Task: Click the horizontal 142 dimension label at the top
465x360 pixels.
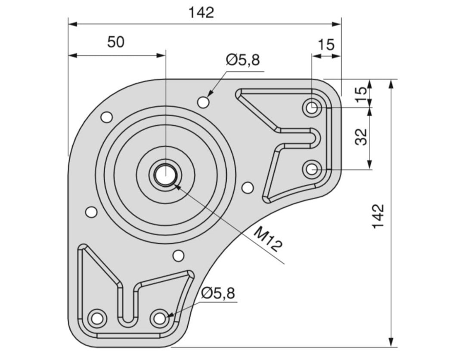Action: pos(201,12)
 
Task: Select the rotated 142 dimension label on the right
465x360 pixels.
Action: pos(378,216)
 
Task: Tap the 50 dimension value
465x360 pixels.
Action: pos(116,43)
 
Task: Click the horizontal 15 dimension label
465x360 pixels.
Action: pos(326,44)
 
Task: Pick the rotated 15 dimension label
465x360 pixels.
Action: pos(363,91)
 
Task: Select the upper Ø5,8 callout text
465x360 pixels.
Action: pos(243,60)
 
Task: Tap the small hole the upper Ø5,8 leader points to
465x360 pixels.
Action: pos(204,102)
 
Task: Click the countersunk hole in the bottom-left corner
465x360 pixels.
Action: pos(96,318)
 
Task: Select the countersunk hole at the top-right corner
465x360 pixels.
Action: pos(311,107)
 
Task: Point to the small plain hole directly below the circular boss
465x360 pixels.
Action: pos(178,255)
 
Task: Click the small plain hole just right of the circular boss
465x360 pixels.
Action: pos(247,188)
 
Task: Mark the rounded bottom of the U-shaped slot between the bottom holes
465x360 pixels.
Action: pos(127,319)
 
